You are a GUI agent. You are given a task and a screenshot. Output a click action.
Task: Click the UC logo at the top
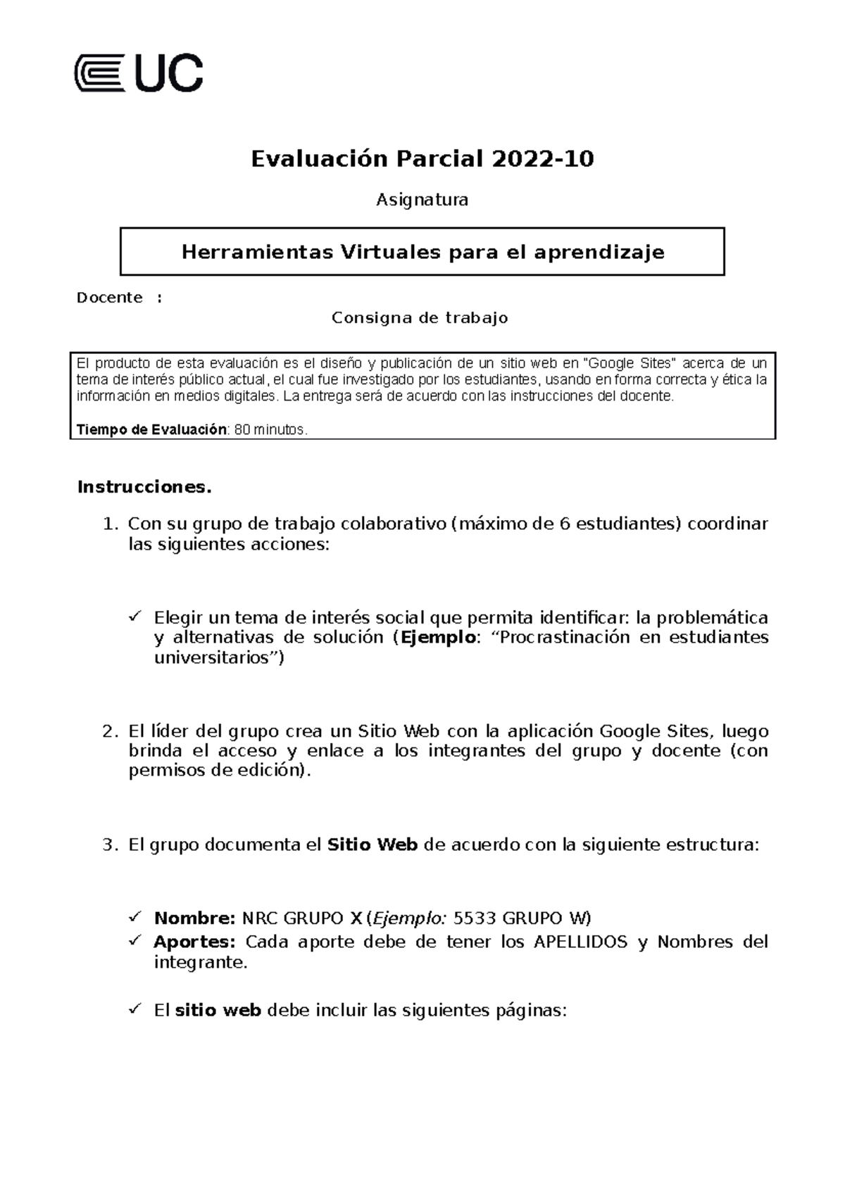[x=139, y=72]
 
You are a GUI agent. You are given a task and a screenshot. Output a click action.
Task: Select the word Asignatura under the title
[x=422, y=200]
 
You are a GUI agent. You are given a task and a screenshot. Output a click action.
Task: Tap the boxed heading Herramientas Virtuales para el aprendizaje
[x=423, y=251]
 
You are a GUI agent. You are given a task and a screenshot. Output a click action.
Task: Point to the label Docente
[x=110, y=298]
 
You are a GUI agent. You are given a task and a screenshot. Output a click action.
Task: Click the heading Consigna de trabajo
[x=420, y=318]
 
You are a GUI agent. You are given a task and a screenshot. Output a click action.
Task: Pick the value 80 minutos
[x=271, y=429]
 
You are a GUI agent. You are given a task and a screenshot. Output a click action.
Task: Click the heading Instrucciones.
[x=144, y=487]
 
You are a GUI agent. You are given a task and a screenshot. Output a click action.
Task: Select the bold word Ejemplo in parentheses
[x=438, y=638]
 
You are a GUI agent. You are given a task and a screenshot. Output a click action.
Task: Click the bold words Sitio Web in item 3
[x=373, y=845]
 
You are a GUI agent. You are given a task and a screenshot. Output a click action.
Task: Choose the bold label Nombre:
[x=194, y=918]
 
